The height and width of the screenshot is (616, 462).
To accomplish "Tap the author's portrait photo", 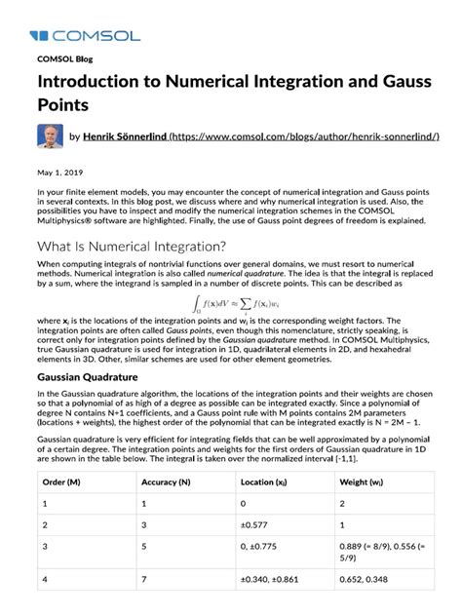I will (51, 136).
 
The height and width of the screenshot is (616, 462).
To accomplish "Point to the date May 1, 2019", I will (58, 173).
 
